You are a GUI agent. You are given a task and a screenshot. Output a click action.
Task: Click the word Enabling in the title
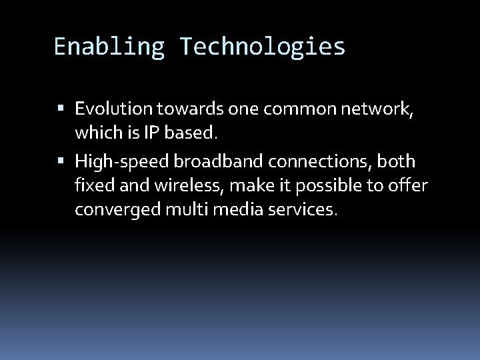point(110,47)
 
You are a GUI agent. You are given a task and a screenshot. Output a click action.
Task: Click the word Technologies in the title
point(262,47)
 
